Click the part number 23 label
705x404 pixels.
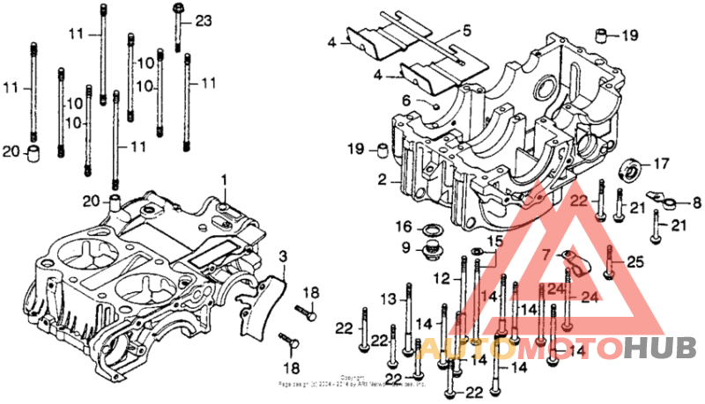[x=204, y=20]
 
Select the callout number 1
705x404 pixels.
[x=224, y=180]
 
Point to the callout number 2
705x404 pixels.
[x=382, y=180]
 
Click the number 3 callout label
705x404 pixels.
[x=283, y=256]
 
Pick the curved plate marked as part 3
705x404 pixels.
[x=262, y=304]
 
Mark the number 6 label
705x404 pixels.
[x=407, y=100]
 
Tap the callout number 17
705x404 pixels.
[x=661, y=164]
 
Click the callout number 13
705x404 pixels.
[x=388, y=299]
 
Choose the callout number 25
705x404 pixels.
[x=636, y=261]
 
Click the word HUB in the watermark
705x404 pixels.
[x=653, y=350]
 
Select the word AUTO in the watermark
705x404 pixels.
[x=457, y=350]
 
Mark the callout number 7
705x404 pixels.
[x=546, y=254]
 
